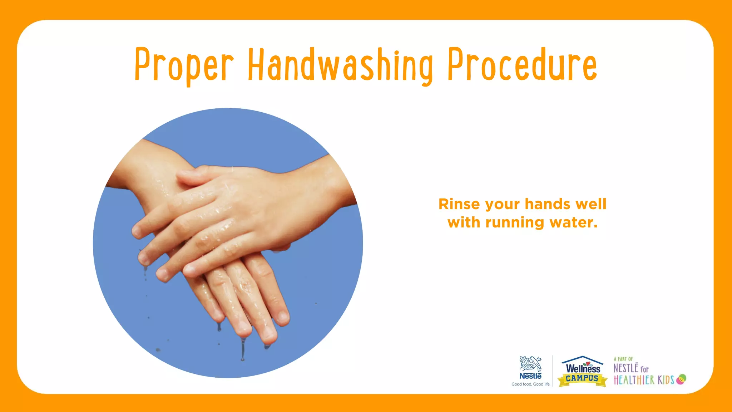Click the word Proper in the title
(184, 65)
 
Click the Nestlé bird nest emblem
(530, 364)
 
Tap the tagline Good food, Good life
(530, 384)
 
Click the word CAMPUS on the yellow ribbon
(582, 378)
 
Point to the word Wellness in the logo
(583, 368)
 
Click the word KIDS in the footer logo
(666, 380)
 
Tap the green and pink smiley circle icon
(682, 379)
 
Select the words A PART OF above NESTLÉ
(623, 359)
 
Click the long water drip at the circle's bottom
(243, 349)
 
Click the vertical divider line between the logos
(553, 371)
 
